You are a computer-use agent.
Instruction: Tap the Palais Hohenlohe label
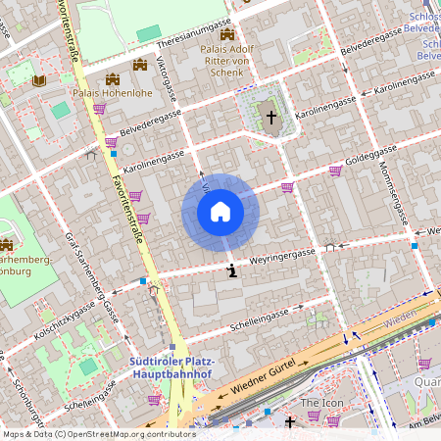113,93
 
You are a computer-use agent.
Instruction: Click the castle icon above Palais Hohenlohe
113,78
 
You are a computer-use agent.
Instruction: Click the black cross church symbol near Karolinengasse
271,117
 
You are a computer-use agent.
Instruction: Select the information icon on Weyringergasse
231,270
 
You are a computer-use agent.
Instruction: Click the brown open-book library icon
39,80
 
